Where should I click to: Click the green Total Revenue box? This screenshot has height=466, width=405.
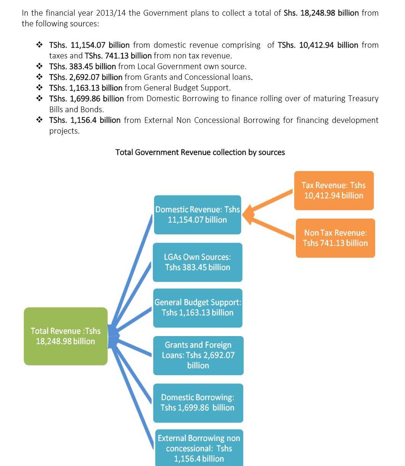66,336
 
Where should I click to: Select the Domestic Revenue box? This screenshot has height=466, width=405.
198,214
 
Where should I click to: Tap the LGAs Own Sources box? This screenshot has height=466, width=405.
198,262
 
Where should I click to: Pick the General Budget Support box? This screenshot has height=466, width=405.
198,308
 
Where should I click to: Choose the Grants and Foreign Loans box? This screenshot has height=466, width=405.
198,356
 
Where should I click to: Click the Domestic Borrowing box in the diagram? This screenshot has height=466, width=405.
198,403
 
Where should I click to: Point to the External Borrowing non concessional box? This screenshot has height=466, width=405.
199,448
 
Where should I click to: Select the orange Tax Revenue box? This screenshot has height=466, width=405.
334,190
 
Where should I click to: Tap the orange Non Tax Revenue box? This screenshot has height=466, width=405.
335,238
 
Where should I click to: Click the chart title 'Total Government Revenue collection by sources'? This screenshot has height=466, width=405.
200,152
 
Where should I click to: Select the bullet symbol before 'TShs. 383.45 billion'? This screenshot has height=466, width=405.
39,66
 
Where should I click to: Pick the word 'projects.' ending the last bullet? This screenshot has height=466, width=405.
64,131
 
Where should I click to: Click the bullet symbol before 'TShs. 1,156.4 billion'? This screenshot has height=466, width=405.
39,119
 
